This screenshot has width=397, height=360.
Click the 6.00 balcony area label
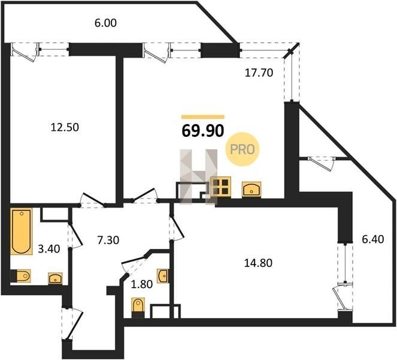[x=105, y=23]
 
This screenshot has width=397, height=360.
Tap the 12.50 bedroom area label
[x=65, y=127]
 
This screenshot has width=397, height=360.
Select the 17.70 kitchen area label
[x=259, y=73]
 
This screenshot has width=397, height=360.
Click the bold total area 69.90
[x=203, y=131]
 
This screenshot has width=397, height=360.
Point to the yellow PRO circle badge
[x=243, y=149]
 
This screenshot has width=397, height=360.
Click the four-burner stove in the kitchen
[x=220, y=187]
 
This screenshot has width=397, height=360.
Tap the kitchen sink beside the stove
[x=251, y=189]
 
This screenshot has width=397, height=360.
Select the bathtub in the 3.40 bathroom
[x=22, y=231]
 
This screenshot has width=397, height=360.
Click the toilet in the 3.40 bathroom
[x=20, y=276]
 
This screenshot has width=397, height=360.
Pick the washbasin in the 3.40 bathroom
[x=55, y=278]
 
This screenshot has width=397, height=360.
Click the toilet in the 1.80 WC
[x=138, y=308]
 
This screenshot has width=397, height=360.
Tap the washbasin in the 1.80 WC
[x=162, y=275]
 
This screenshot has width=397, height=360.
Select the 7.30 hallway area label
[x=108, y=240]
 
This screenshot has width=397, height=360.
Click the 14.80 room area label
[x=258, y=263]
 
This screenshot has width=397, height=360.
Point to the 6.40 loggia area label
[x=372, y=239]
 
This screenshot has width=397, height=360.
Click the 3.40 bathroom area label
[x=49, y=249]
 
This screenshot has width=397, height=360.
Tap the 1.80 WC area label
[x=141, y=284]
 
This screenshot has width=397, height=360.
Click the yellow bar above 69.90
[x=203, y=117]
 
